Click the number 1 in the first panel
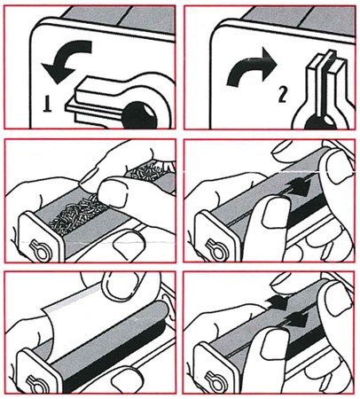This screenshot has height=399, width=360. pos(47,104)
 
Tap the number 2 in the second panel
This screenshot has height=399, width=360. pos(282,95)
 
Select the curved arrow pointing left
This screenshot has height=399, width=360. pos(66,60)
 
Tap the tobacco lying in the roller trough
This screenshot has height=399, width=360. pos(77,214)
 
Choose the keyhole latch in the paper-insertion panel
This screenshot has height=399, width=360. pos(36,383)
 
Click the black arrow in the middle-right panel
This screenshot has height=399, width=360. pos(299,186)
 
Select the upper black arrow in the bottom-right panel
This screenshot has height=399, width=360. pos(278,302)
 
